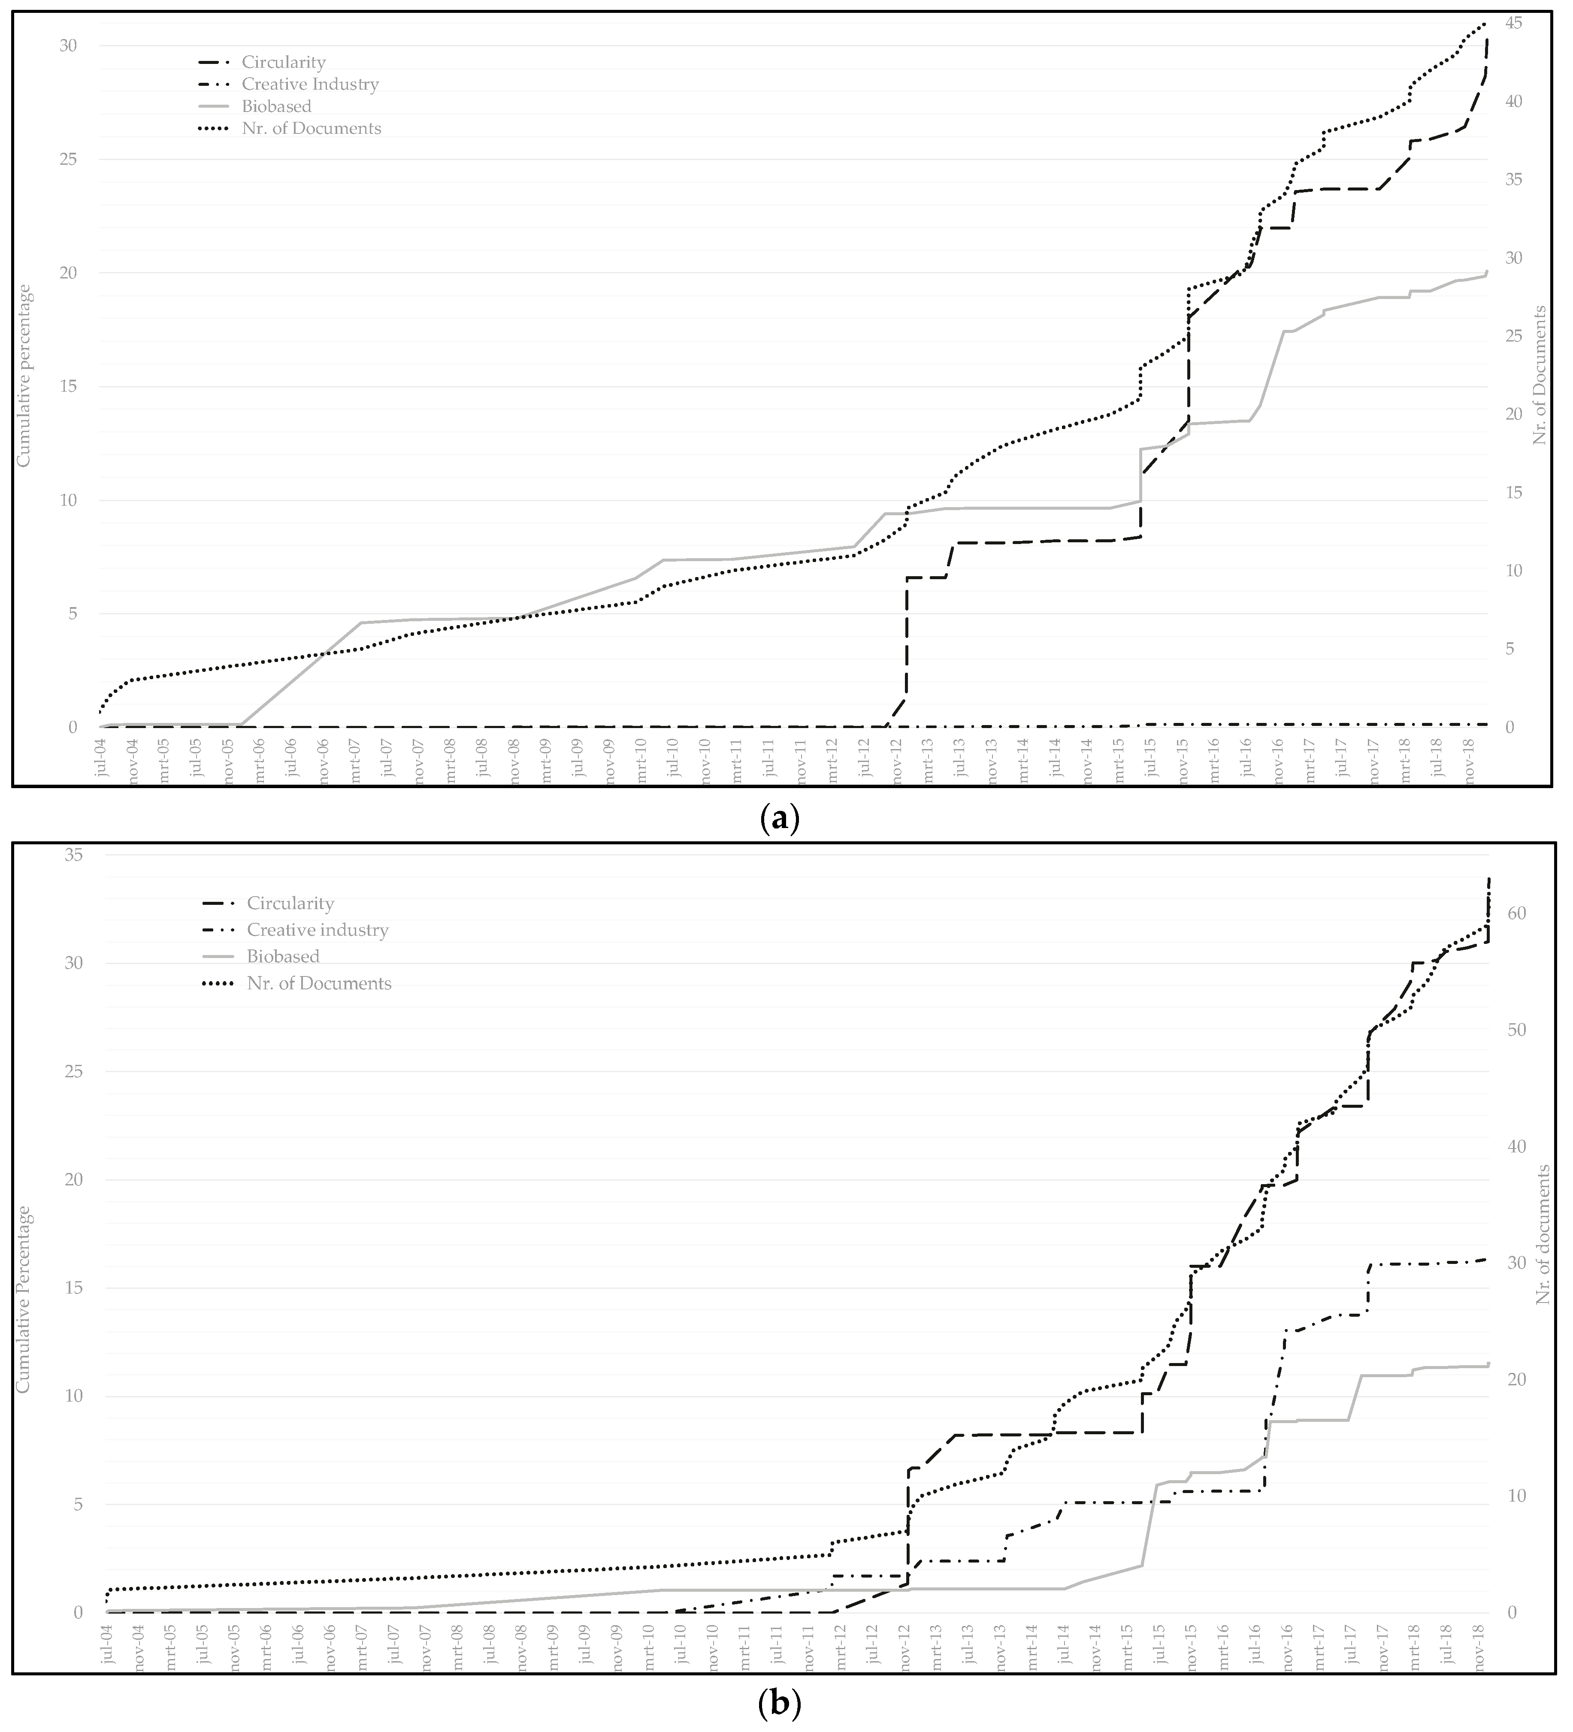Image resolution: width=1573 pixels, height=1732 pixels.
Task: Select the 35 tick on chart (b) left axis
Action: [x=73, y=855]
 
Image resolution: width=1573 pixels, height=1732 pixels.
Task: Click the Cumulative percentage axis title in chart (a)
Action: [x=24, y=375]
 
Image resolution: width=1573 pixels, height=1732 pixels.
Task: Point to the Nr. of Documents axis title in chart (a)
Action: [x=1540, y=375]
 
